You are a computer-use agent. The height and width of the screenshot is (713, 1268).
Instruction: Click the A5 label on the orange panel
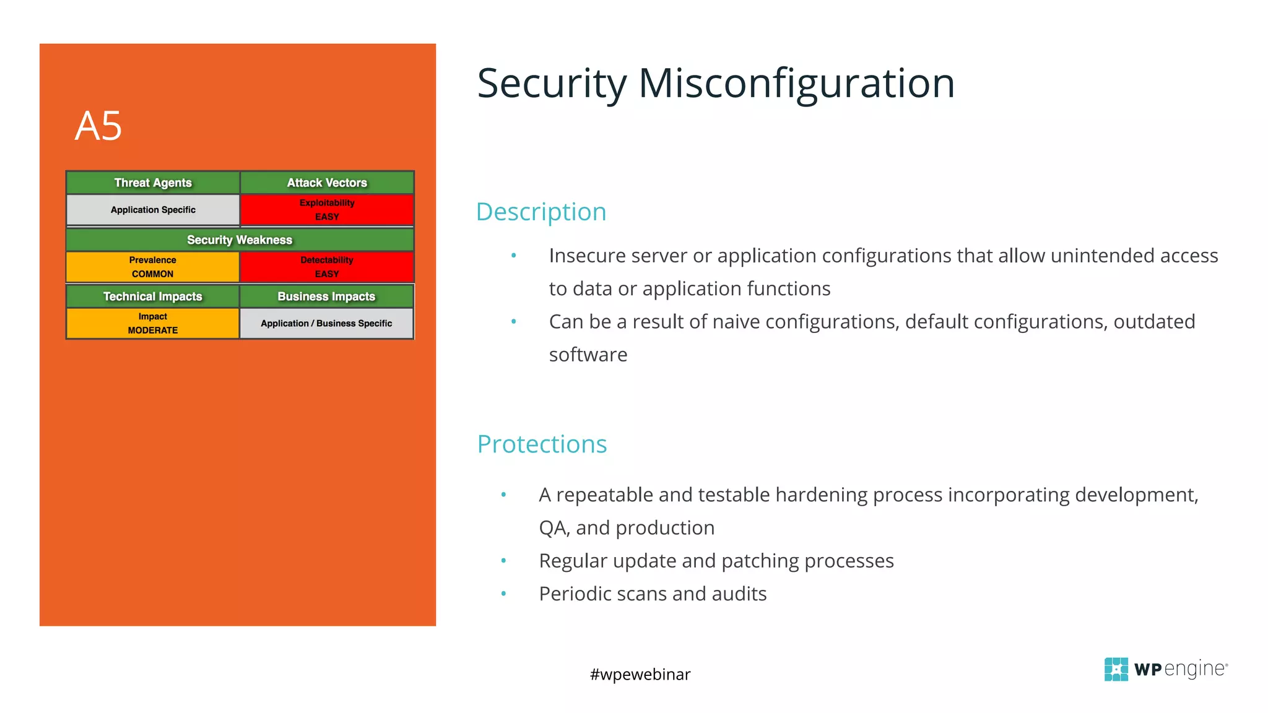98,126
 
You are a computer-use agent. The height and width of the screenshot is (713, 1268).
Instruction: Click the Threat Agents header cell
153,183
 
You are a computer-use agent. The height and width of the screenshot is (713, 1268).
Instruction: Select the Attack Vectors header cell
327,183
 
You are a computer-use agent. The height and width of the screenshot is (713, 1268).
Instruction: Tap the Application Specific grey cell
153,210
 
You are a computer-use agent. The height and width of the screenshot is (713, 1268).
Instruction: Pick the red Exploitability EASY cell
327,210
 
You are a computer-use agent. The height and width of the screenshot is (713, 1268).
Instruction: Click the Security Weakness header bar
240,240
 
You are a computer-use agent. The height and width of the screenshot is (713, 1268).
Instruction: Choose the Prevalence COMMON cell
153,267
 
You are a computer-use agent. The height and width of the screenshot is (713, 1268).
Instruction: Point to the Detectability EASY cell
327,267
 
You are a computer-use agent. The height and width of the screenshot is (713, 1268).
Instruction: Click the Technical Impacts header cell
153,296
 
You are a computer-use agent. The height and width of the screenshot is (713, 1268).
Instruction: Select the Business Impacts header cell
326,296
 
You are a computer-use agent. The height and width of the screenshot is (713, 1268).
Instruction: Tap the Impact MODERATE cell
153,323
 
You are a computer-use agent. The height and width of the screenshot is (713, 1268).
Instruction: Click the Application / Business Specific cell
326,323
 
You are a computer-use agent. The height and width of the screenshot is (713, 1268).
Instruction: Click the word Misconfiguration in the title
796,84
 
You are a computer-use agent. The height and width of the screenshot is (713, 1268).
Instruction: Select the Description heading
541,212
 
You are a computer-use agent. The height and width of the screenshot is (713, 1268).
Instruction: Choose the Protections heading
542,444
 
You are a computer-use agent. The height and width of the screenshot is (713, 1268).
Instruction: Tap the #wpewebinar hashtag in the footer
640,674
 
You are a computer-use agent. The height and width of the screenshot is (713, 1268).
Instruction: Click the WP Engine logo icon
1116,669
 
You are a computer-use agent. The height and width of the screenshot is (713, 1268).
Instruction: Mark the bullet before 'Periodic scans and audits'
503,594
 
